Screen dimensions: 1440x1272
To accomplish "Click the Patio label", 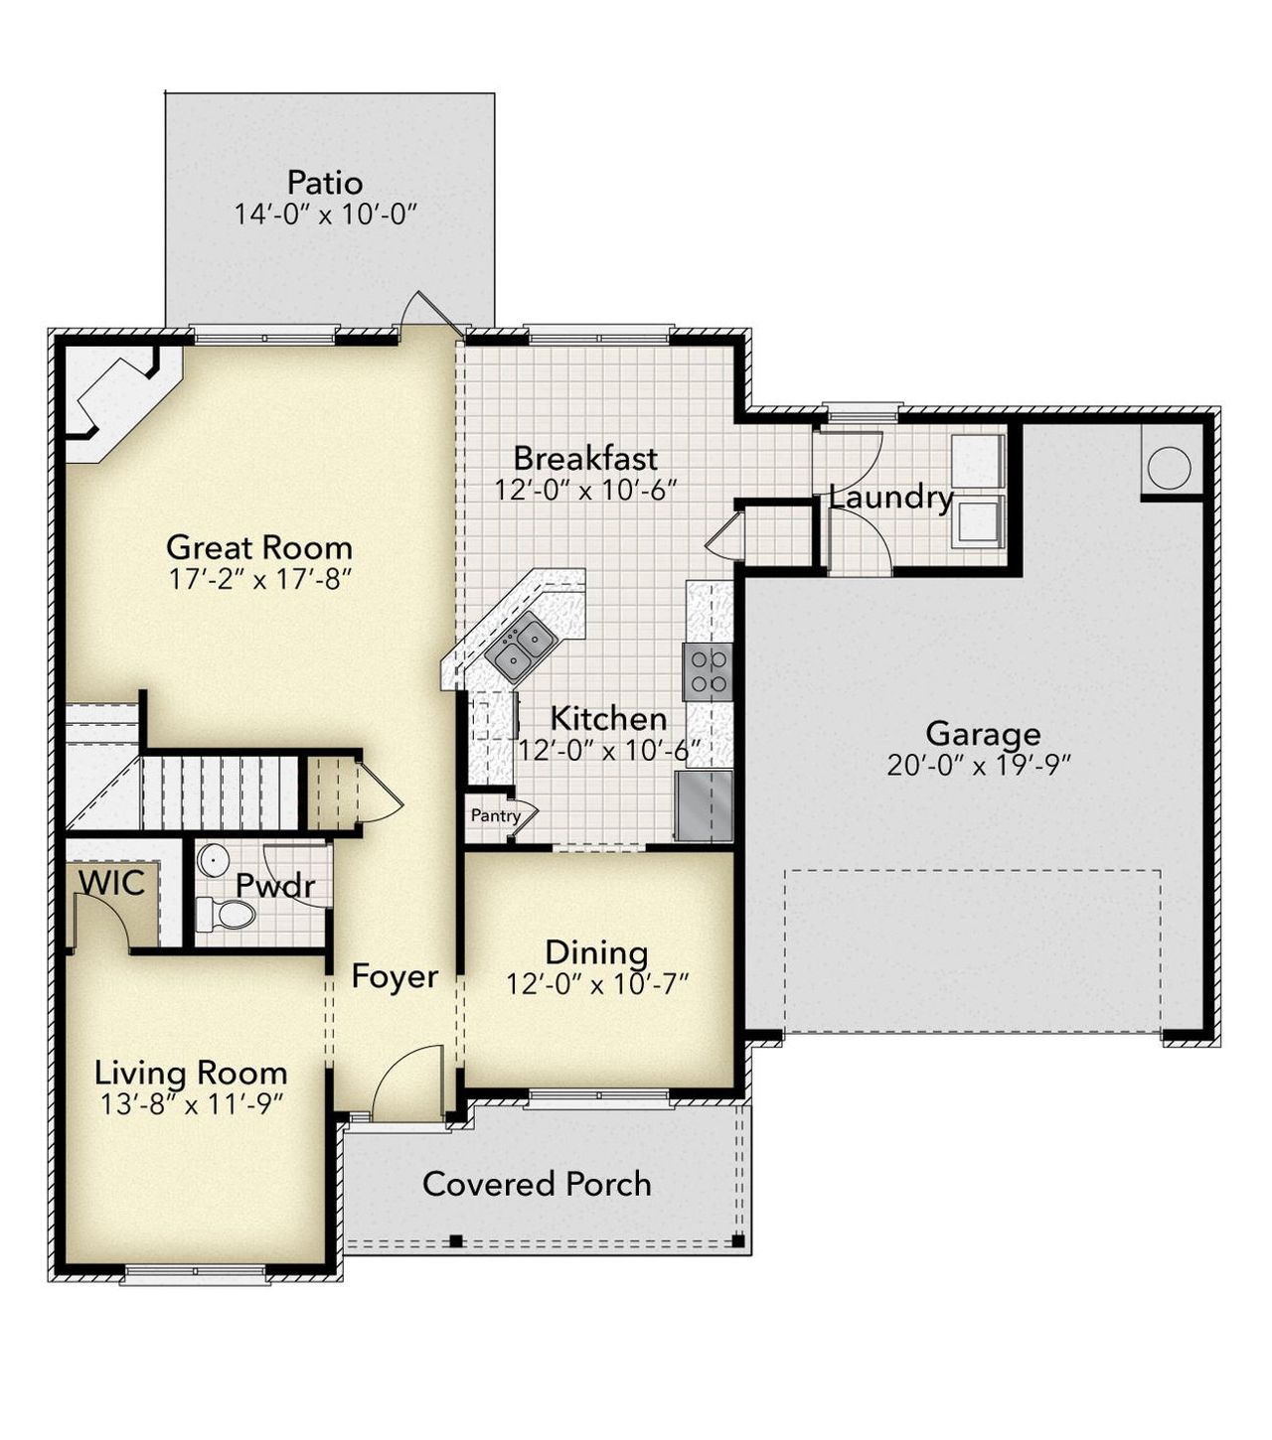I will (325, 183).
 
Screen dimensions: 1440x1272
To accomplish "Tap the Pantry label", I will (495, 816).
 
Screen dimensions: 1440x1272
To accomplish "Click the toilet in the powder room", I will (227, 913).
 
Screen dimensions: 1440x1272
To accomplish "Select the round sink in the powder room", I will (213, 859).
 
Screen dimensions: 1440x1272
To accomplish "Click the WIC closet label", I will (111, 882).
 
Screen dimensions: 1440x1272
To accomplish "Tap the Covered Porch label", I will (537, 1184).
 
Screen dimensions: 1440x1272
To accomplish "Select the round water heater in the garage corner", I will (1169, 466).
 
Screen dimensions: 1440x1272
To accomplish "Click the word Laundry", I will (890, 498).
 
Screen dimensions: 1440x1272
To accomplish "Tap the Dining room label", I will (596, 952).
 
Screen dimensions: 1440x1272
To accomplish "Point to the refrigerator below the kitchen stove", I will (704, 805).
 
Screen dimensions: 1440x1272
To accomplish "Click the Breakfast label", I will (585, 458).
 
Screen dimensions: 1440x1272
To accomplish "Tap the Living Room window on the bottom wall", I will (196, 1274).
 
